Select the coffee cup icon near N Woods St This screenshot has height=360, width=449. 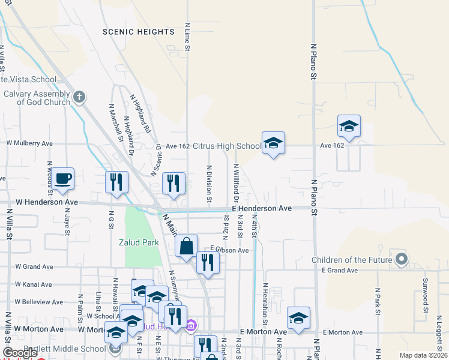point(62,178)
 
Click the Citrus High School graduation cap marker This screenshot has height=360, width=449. point(273,143)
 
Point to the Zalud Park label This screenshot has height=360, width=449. point(143,242)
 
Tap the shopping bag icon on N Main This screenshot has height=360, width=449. point(187,245)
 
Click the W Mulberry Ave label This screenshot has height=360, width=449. point(29,143)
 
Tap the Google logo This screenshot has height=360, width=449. point(20,353)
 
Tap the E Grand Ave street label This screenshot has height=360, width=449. point(340,271)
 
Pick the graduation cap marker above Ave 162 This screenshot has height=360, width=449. point(349,126)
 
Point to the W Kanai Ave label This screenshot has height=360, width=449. point(34,284)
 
